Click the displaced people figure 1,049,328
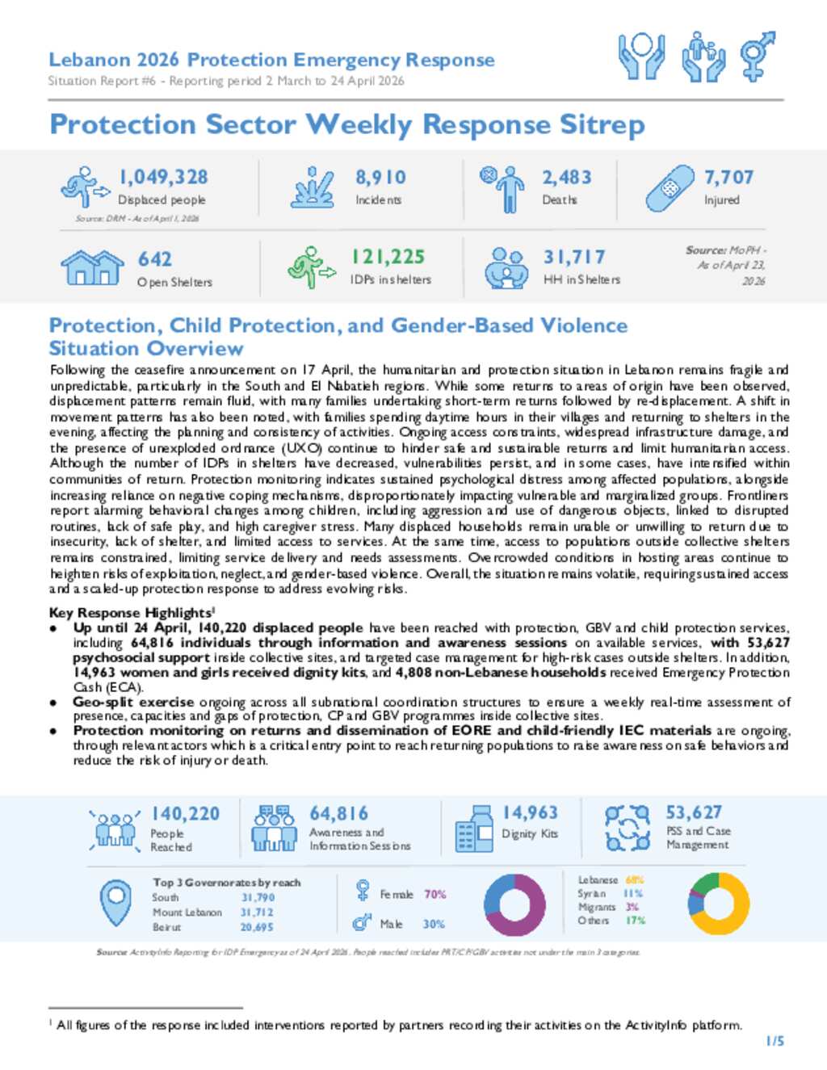pos(163,177)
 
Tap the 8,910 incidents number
pos(380,177)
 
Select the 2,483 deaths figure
pos(566,177)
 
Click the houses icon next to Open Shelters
pos(92,267)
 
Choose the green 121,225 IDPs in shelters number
pos(388,257)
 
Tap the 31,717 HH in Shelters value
pos(573,257)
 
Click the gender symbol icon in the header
pos(758,56)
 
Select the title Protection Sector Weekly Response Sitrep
pos(347,125)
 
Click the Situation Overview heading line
pos(146,349)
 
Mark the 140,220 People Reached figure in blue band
pos(185,814)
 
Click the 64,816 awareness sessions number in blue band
pos(338,813)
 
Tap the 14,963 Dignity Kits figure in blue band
pos(530,812)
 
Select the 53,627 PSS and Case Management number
pos(694,812)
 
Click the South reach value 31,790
pos(258,897)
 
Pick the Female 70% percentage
pos(434,894)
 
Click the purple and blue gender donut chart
pos(514,905)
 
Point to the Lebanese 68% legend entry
pos(611,879)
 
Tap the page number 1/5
pos(775,1041)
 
